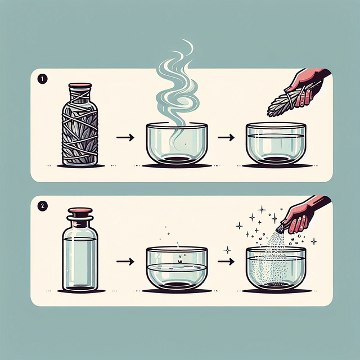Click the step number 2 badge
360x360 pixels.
pos(42,205)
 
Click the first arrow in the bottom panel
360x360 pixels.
pos(127,261)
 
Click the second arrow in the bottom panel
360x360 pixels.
pos(226,261)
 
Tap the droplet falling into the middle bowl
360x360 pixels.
pos(178,260)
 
